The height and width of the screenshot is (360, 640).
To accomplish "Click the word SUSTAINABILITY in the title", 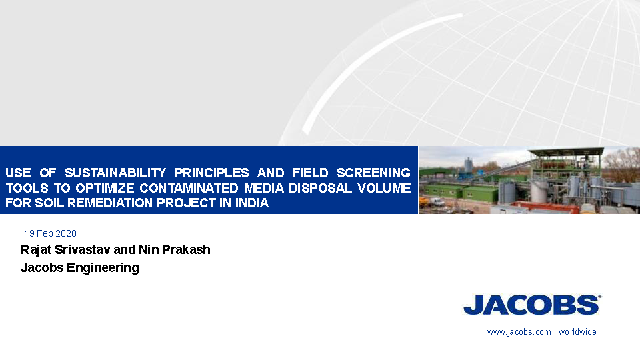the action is [115, 173].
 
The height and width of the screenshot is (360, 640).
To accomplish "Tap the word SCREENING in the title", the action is [373, 173].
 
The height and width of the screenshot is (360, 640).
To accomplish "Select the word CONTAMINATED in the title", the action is [189, 188].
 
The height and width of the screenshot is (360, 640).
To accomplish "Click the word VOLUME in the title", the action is [384, 188].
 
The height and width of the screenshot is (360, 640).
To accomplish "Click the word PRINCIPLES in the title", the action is [211, 173].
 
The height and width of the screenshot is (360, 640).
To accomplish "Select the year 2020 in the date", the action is [66, 233].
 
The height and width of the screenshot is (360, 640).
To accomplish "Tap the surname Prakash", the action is [186, 249].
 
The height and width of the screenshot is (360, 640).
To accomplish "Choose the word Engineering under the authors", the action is [103, 268].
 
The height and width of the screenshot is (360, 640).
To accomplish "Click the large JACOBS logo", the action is [532, 305].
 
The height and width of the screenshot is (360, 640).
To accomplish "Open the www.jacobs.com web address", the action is [519, 332].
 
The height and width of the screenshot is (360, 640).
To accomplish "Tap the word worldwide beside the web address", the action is [577, 332].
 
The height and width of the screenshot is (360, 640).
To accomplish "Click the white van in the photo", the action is [437, 201].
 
